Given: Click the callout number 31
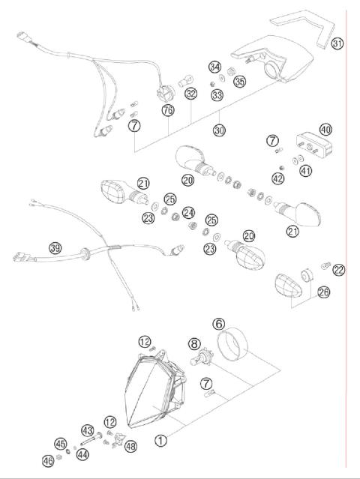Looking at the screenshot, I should [337, 44].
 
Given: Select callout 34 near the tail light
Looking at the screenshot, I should [215, 67].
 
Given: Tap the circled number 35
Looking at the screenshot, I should [240, 81].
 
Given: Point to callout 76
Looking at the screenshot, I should [169, 112].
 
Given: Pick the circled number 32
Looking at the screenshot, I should [190, 94].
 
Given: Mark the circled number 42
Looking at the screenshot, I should [278, 179].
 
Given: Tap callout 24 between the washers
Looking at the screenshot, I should [189, 212].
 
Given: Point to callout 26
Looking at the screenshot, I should [322, 292].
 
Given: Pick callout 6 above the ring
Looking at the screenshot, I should [219, 324].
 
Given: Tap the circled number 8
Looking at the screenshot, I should [193, 346].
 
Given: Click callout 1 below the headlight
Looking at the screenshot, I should [159, 441].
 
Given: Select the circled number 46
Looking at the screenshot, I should [47, 460].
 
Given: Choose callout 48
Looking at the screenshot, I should [131, 446].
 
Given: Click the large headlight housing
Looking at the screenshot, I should [154, 386].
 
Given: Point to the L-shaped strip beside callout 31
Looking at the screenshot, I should [307, 26].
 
